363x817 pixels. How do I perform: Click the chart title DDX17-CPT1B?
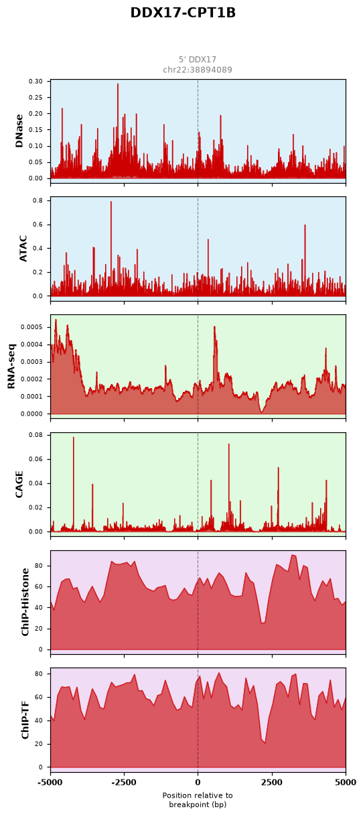pos(183,13)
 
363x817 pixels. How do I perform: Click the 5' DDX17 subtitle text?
pos(198,60)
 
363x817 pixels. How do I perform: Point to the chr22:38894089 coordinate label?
pos(198,70)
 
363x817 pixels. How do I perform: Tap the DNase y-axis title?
pos(19,131)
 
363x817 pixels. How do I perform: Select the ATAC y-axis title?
pos(23,249)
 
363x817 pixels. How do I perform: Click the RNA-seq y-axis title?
pos(11,366)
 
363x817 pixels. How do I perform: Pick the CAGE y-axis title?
pos(19,484)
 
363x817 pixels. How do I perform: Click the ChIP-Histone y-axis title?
pos(25,602)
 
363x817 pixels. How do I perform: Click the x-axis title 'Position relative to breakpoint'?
pos(198,800)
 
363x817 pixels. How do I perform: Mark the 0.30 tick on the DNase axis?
pos(35,81)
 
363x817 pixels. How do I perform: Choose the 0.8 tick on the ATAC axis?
pos(38,200)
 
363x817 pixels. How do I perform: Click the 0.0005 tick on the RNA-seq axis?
pos(31,327)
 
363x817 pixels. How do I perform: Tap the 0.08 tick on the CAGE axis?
pos(35,435)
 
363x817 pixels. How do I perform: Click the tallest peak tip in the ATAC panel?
pos(111,201)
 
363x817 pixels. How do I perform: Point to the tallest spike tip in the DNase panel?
pos(118,84)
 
